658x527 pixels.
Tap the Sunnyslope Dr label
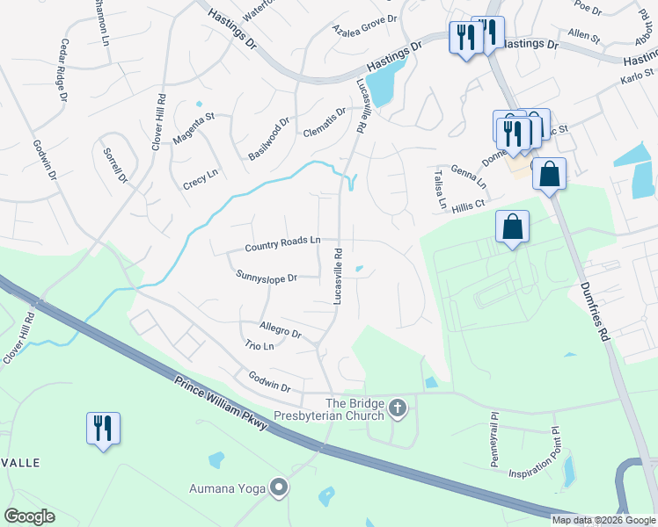(x=267, y=276)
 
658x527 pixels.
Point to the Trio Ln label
(x=260, y=346)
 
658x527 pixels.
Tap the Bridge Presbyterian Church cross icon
(x=398, y=407)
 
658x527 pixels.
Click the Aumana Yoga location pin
(x=280, y=487)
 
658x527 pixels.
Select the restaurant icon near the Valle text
(x=104, y=429)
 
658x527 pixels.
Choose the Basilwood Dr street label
(x=269, y=139)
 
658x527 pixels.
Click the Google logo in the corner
(x=29, y=516)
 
